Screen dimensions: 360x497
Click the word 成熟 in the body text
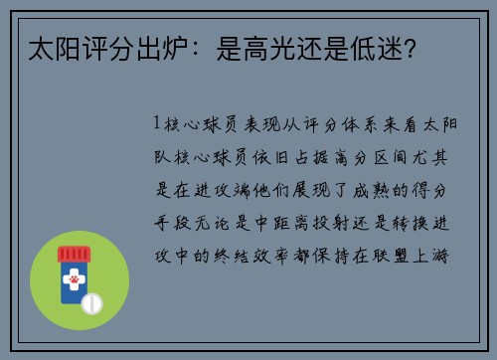(x=385, y=189)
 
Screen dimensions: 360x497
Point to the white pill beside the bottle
(x=92, y=301)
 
